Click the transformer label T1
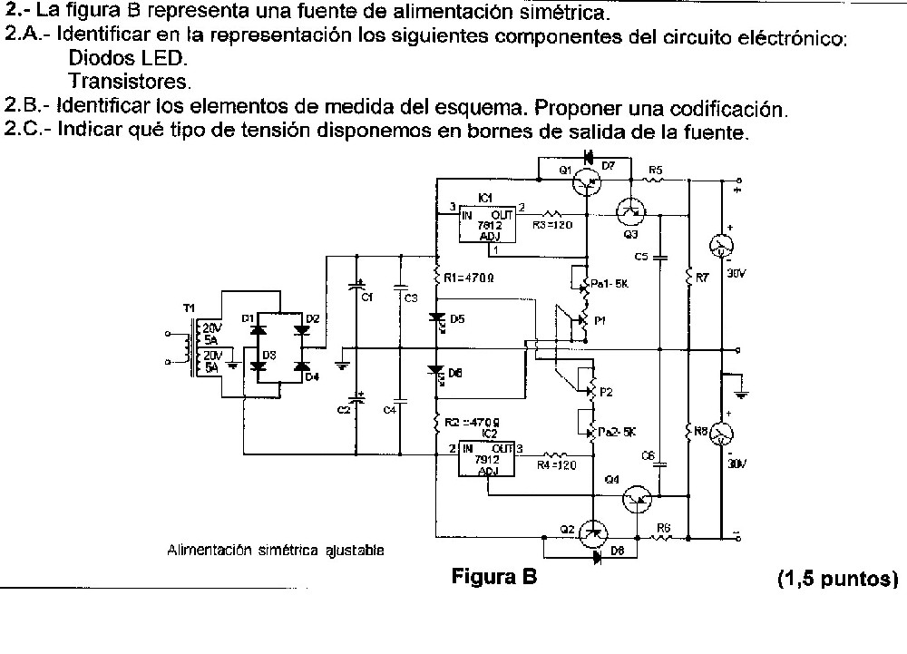(190, 308)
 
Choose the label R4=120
(555, 465)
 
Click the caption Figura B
(494, 577)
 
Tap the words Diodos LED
(128, 59)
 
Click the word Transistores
(130, 82)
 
